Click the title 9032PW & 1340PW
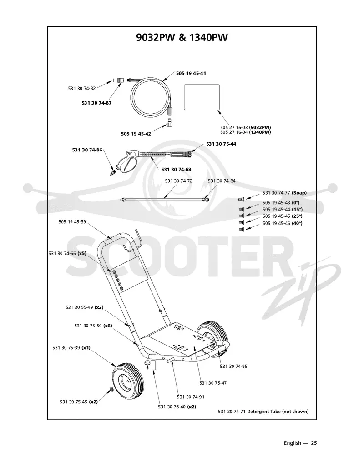182,38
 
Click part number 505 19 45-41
191,73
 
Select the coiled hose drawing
151,98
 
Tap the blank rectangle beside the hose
202,97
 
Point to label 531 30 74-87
96,103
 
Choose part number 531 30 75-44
221,144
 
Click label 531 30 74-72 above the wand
178,181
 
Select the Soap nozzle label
284,193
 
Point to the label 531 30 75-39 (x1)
71,347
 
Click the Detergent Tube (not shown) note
263,412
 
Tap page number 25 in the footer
314,443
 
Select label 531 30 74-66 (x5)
67,253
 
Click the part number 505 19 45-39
72,221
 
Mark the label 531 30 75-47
213,383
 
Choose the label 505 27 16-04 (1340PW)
246,132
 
